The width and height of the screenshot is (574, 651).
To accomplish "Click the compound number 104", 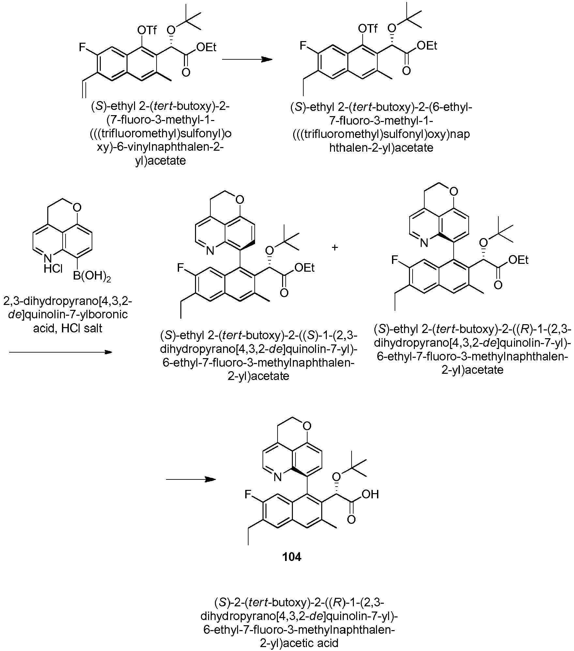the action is (x=292, y=557).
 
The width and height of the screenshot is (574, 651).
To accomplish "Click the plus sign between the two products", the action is (x=335, y=248).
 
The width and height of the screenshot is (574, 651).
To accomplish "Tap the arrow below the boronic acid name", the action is (x=60, y=352).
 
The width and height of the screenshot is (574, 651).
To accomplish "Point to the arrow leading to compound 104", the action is (x=191, y=479).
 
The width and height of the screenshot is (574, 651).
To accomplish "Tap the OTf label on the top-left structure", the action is (x=147, y=31).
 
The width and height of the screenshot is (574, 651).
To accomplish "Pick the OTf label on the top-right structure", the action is (x=368, y=29).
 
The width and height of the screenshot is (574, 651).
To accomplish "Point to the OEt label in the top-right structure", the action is (x=427, y=46).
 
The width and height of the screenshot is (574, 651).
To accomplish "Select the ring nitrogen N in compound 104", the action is (x=278, y=478).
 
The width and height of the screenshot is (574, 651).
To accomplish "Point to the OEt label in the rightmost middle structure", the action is (x=518, y=260).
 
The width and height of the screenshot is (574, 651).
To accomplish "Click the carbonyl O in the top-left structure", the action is (x=186, y=72).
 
